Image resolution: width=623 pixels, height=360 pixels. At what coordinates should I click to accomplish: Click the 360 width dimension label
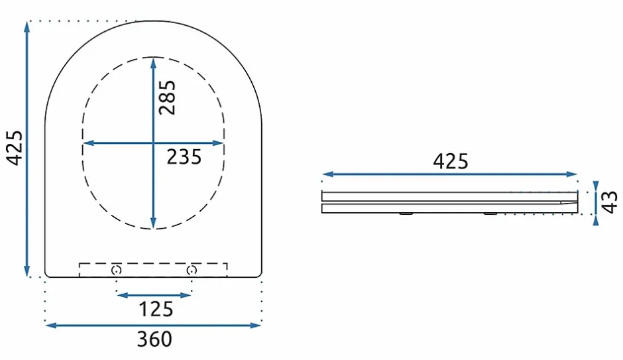coord(154,339)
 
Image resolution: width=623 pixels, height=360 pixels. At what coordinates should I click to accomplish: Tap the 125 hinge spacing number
coord(156,309)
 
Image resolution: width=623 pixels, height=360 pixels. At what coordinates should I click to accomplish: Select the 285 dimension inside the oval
coord(167,97)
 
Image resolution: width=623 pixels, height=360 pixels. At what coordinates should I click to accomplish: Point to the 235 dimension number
coord(184,156)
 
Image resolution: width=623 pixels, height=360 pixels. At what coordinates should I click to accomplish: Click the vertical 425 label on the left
coord(15,147)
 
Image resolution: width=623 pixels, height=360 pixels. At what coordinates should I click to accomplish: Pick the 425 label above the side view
coord(451,161)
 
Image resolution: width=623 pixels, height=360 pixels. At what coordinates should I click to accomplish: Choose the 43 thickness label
coord(608,202)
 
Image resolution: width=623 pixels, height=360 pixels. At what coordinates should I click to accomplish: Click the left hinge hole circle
coord(116,270)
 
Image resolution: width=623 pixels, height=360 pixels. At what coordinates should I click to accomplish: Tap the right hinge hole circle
coord(192,270)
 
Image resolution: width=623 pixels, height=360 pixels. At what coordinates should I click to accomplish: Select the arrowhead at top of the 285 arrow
coord(153,63)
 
